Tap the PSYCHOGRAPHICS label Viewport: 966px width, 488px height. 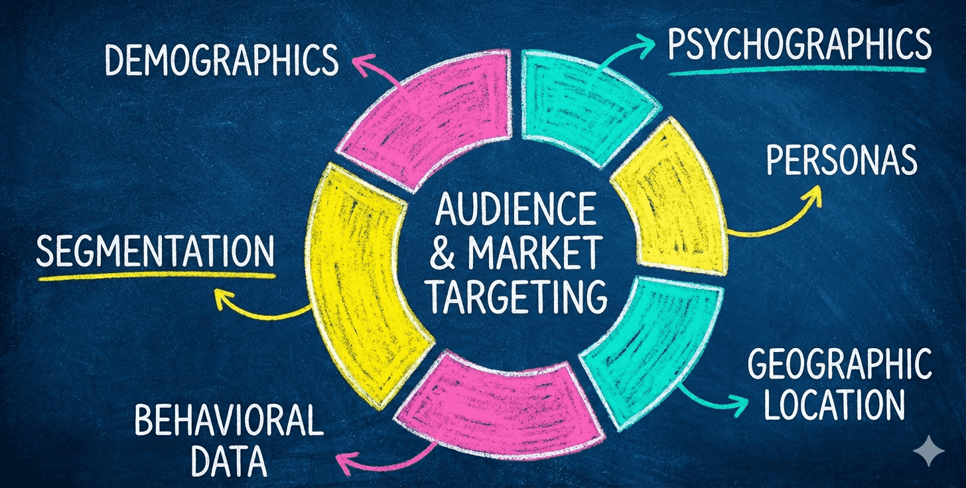(x=799, y=45)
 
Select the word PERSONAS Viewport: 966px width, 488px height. (x=841, y=160)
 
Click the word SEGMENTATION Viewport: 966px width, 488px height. (x=155, y=252)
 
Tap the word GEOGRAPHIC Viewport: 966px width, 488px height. (x=839, y=365)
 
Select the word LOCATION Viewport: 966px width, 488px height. (x=835, y=404)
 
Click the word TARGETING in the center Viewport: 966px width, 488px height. (x=516, y=296)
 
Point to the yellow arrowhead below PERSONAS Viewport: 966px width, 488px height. (x=813, y=192)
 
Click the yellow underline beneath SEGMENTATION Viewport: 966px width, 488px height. (x=156, y=275)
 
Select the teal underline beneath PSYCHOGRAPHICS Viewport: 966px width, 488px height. (x=796, y=70)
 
